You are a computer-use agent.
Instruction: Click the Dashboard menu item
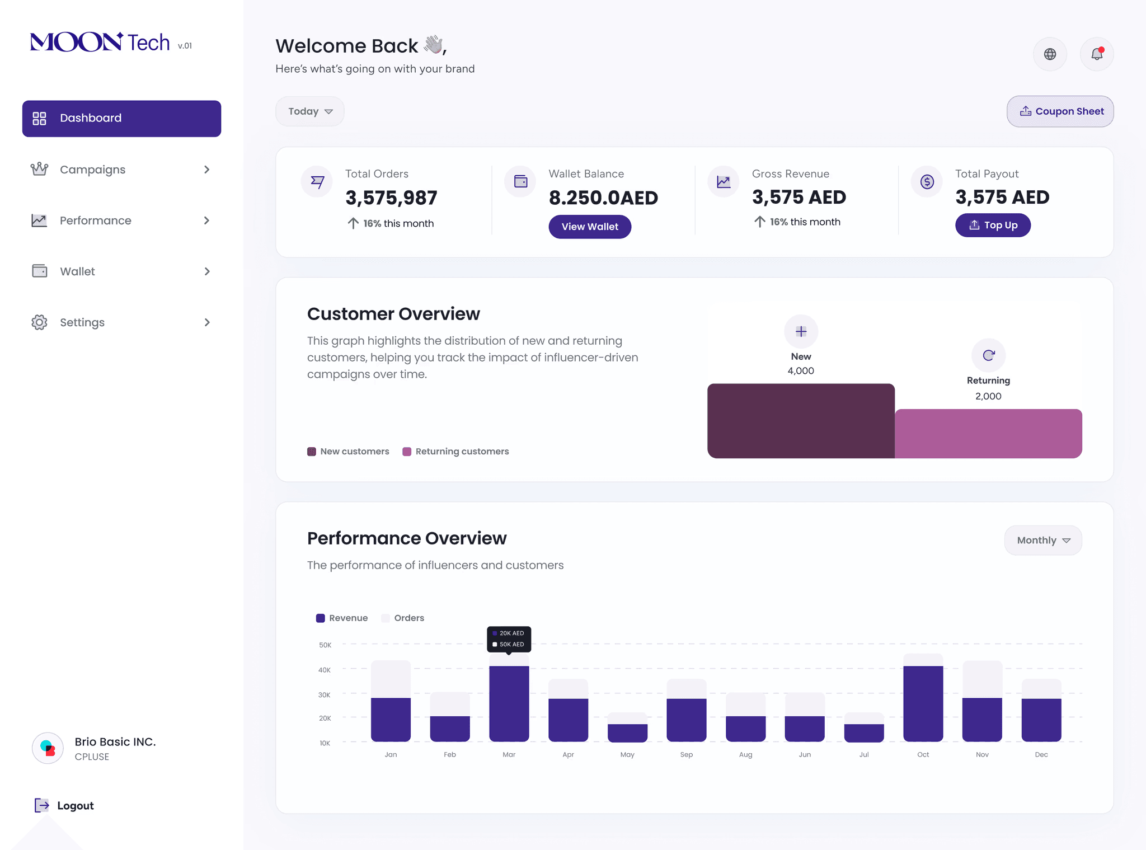(121, 119)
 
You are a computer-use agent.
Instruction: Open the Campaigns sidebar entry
(93, 170)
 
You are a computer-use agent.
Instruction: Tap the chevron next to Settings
(207, 322)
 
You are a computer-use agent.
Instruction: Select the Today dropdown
(310, 111)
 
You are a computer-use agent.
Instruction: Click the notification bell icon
(1097, 54)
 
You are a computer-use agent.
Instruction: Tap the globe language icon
(1050, 54)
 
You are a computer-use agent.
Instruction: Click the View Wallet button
(590, 227)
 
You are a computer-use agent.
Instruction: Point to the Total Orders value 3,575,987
(391, 198)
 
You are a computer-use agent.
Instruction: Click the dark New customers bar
(801, 421)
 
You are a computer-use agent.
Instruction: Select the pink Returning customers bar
(988, 434)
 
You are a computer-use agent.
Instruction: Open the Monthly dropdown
(1043, 540)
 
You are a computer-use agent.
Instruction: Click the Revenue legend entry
(342, 618)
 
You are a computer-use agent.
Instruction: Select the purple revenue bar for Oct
(923, 703)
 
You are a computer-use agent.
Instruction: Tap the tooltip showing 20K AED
(509, 633)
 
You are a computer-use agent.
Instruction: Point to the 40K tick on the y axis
(325, 670)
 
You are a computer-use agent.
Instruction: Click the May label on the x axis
(627, 754)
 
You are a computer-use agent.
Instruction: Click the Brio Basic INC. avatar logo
(48, 748)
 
